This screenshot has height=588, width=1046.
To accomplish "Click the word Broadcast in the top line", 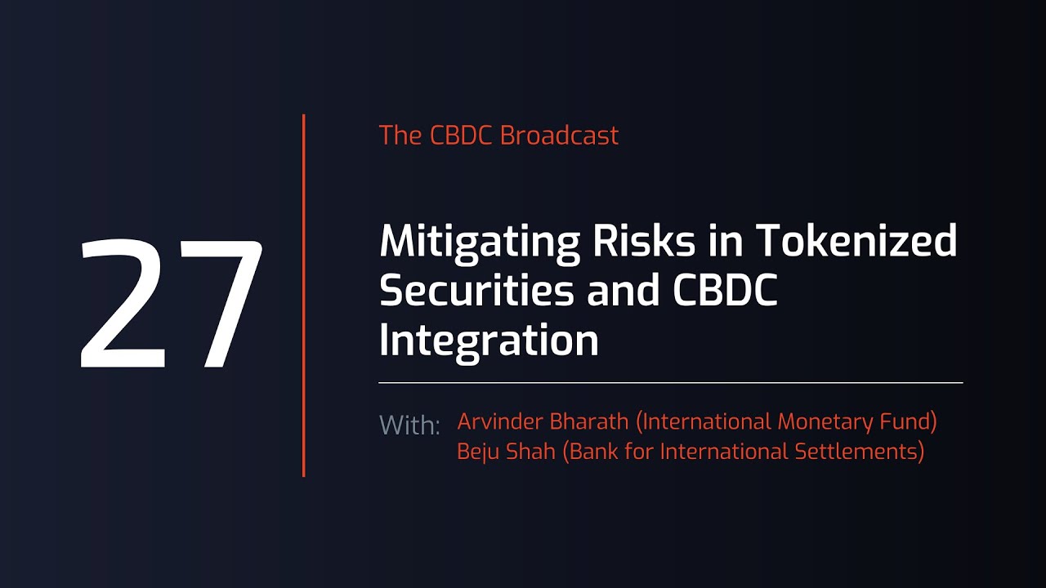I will click(559, 136).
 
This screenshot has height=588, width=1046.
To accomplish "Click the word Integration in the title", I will click(489, 341).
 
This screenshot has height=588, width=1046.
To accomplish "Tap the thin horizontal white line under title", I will click(670, 382).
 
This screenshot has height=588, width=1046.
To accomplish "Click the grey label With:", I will click(409, 425).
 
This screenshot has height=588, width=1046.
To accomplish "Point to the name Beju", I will click(478, 452).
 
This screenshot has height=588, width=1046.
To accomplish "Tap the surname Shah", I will click(531, 452).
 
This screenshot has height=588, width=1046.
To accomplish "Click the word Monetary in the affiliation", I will click(825, 422).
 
